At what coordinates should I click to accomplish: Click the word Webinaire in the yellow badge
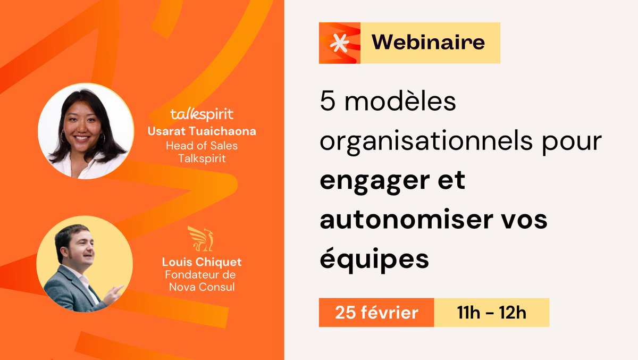click(428, 42)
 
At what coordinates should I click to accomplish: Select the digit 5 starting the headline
click(327, 102)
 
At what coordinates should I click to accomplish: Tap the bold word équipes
click(374, 259)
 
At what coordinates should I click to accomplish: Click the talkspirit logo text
click(202, 114)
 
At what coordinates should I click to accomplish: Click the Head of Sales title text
click(202, 146)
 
